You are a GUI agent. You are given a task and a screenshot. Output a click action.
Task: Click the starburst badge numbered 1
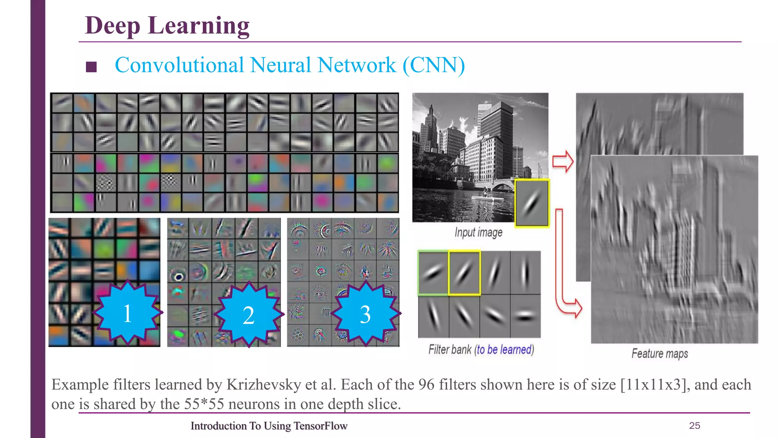[128, 313]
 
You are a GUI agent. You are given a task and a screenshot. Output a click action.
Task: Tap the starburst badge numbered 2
[249, 314]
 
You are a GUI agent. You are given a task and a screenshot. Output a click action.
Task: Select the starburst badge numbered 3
[365, 314]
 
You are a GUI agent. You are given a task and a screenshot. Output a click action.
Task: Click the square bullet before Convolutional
[91, 67]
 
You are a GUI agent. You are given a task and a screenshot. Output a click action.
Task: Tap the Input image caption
[478, 232]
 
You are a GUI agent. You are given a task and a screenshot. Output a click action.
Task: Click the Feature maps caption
[659, 354]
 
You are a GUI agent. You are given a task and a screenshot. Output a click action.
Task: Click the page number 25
[694, 425]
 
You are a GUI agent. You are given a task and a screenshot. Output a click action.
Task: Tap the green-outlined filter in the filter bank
[433, 273]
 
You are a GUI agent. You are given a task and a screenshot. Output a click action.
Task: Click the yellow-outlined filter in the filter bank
[464, 273]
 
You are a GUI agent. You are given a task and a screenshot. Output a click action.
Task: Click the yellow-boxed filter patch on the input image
[532, 203]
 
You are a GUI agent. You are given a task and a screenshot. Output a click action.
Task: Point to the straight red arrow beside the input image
[563, 161]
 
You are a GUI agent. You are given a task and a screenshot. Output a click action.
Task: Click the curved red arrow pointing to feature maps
[565, 274]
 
